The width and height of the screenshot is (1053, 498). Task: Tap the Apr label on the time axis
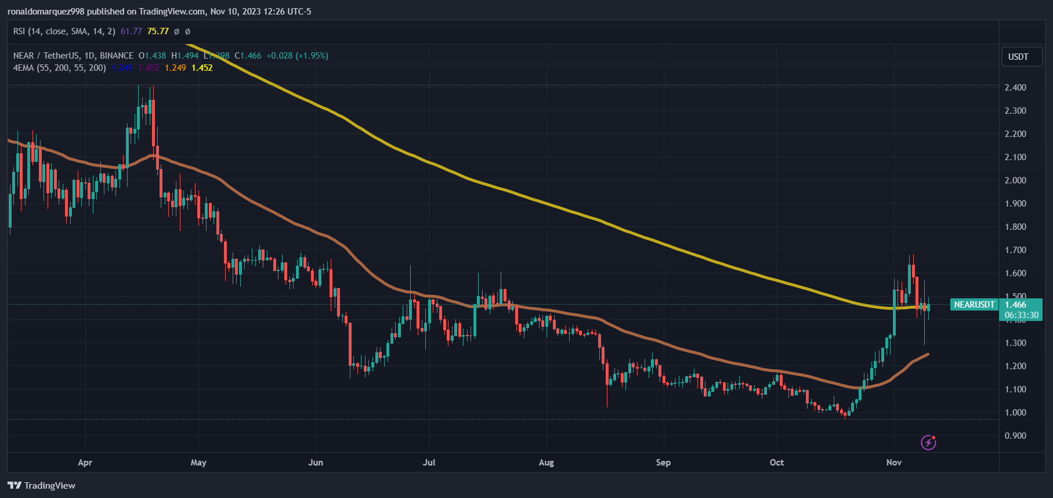(x=85, y=463)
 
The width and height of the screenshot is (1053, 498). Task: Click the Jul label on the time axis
(x=429, y=463)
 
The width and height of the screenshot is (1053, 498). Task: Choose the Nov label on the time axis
(x=893, y=463)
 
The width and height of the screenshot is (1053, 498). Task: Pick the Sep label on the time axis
(x=663, y=463)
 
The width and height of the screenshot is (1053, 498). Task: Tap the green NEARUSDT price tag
(x=974, y=305)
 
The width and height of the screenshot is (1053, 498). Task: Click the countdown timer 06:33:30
(x=1022, y=315)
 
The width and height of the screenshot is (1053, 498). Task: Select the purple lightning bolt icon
(x=928, y=442)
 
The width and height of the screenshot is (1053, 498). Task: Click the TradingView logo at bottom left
(x=42, y=485)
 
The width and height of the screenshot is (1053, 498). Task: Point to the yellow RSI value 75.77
(x=158, y=31)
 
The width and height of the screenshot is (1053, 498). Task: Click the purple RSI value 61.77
(x=131, y=31)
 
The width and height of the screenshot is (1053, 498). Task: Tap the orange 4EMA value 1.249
(x=175, y=68)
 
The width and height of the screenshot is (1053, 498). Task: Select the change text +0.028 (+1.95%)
(x=297, y=56)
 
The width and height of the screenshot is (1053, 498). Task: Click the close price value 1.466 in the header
(x=251, y=56)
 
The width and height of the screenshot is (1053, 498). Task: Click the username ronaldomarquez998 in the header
(x=46, y=12)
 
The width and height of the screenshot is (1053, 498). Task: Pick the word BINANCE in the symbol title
(x=117, y=56)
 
